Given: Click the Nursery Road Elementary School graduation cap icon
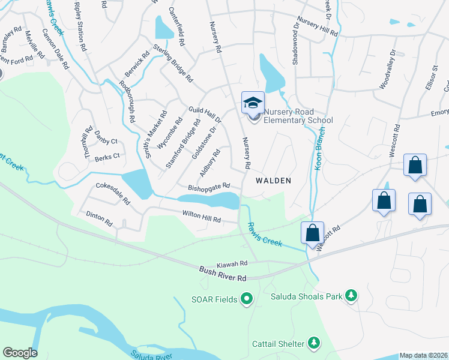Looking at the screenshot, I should pos(253,103).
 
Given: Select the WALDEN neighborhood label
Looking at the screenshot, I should pos(273,180).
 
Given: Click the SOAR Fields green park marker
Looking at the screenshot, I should pos(246,298).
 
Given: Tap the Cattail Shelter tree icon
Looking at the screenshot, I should pos(313,343).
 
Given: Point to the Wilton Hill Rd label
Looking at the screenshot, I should pos(202,216).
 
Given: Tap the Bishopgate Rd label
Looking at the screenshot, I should pos(209,187).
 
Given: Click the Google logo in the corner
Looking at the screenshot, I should pos(20,353).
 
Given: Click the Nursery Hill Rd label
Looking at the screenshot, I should pos(318,27).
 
